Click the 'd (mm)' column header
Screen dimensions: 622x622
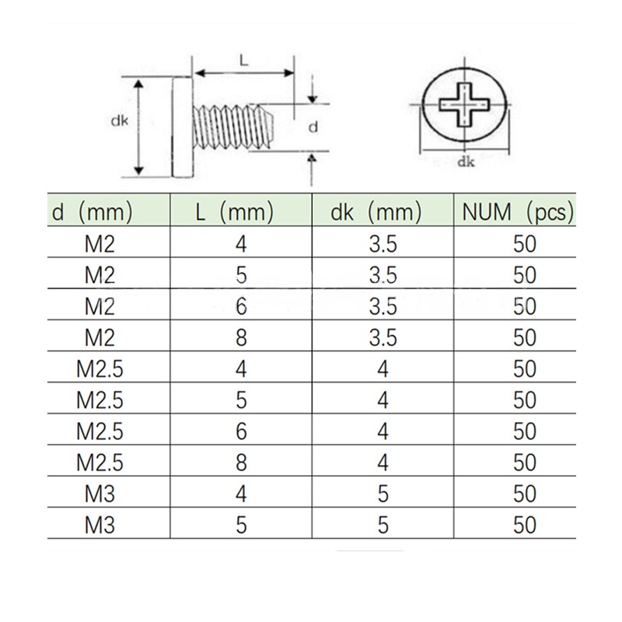pos(92,212)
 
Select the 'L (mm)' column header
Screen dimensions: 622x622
pos(235,212)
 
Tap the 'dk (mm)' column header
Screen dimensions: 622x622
pos(376,212)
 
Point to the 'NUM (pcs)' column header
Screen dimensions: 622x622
pos(518,212)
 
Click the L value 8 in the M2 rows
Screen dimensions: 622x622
pos(241,337)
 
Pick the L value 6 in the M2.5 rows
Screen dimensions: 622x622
pos(241,432)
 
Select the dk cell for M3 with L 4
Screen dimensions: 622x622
pos(383,494)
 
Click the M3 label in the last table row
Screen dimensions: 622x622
pos(100,526)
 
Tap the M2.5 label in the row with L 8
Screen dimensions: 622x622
pos(100,463)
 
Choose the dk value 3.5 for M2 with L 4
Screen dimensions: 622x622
pos(383,244)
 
